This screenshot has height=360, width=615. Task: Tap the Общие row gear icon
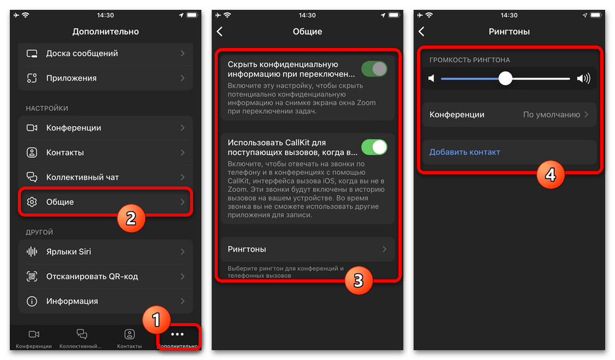pos(32,202)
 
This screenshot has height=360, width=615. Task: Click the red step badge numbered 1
pos(156,320)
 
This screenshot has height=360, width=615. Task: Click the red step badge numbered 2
pos(131,218)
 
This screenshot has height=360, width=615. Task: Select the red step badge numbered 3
pos(359,280)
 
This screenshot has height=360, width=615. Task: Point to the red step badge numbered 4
pos(550,174)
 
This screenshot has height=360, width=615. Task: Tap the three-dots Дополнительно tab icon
pos(177,334)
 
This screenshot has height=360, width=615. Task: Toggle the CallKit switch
pos(374,147)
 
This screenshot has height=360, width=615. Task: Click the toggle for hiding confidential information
pos(374,69)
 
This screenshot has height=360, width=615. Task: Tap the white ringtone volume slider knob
pos(506,79)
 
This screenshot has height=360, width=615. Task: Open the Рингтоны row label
pos(247,249)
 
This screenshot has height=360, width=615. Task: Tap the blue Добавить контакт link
pos(465,152)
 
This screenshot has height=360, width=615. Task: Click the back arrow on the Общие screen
pos(220,31)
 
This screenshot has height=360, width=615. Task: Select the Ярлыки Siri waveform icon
pos(32,252)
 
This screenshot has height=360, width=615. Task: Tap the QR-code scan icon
pos(32,276)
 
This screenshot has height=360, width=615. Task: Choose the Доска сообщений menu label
pos(82,54)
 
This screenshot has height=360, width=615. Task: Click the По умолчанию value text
pos(552,114)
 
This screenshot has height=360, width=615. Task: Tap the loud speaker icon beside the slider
pos(584,79)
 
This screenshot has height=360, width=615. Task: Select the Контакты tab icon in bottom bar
pos(129,334)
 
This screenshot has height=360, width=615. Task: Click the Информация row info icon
pos(32,301)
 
